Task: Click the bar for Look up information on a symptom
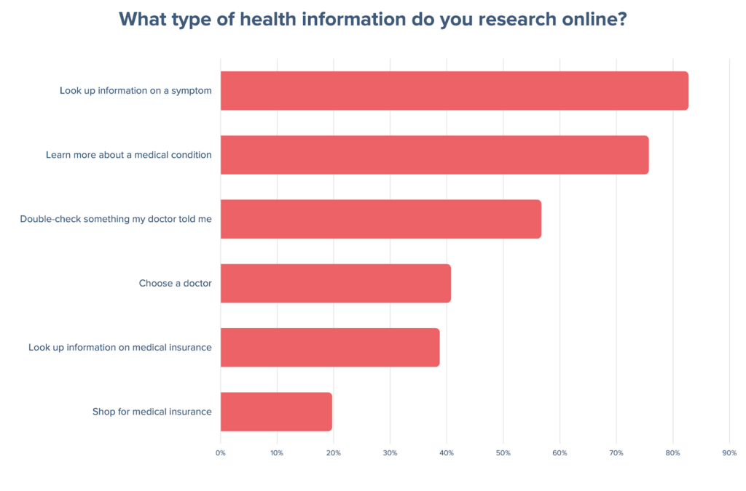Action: coord(454,91)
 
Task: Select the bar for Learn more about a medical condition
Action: coord(434,155)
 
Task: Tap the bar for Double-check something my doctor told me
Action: coord(380,219)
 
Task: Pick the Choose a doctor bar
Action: coord(335,283)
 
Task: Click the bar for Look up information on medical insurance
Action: coord(329,347)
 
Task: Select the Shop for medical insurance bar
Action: coord(276,412)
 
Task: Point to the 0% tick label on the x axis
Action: coord(220,453)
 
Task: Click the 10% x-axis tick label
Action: coord(277,453)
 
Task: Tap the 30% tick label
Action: coord(390,453)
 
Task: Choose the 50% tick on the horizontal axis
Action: coord(503,453)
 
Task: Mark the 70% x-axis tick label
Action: coord(616,453)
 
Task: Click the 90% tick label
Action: coord(729,453)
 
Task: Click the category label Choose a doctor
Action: coord(175,283)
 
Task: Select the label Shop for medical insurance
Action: coord(152,412)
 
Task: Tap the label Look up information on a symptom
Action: coord(136,91)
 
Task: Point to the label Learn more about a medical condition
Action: coord(128,155)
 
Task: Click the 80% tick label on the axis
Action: coord(672,453)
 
